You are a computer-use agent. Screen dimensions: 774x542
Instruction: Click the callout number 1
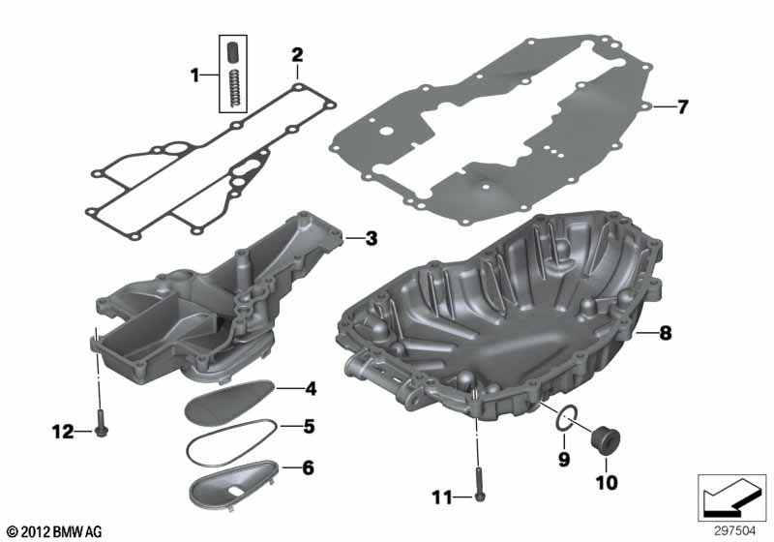(194, 75)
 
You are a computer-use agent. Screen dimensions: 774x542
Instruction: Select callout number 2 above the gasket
(297, 54)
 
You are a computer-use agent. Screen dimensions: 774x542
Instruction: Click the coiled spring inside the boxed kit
(236, 88)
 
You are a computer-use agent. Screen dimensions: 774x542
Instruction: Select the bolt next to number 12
(102, 425)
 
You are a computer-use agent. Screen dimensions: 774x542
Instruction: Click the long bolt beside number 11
(480, 484)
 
